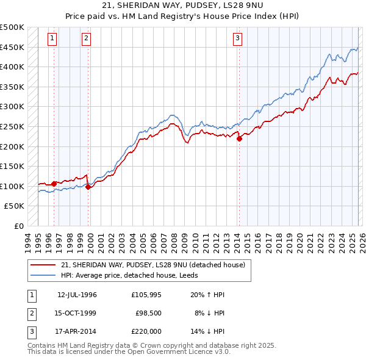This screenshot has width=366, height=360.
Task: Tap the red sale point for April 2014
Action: point(239,139)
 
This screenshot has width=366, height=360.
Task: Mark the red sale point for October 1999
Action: point(88,187)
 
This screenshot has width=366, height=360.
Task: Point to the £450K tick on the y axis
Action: point(12,47)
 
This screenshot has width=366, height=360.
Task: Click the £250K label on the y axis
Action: point(12,126)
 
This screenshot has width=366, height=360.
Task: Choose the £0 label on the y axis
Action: point(18,226)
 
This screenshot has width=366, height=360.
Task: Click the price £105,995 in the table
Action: point(146,295)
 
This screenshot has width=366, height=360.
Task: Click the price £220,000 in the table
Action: point(146,331)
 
